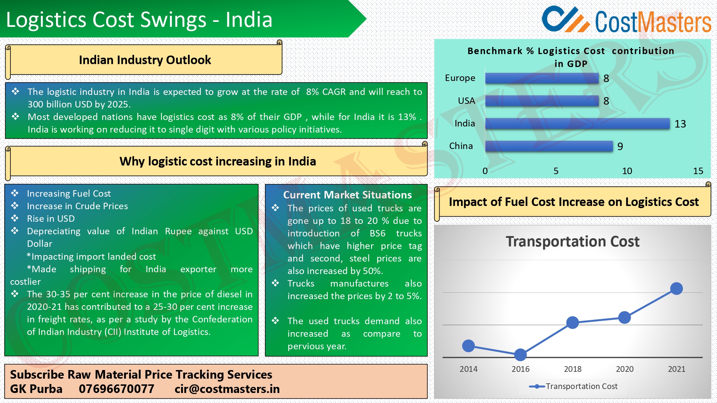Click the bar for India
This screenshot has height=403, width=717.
pos(577,124)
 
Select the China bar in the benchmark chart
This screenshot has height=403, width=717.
pos(549,146)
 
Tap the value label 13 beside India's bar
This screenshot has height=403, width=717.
pos(680,124)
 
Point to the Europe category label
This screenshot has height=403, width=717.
pos(460,78)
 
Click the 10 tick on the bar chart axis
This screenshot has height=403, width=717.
pos(627,171)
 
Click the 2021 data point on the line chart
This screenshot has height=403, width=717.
pos(676,288)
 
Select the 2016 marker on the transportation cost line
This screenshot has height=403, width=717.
pos(520,355)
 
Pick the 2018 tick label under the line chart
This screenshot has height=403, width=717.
pos(573,369)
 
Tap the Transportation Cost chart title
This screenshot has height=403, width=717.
pos(573,242)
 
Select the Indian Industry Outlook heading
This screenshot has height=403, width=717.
pos(145,60)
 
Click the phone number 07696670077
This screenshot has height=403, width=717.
pos(117,389)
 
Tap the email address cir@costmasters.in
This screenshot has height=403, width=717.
pos(227,389)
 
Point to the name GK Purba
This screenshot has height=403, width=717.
pos(36,389)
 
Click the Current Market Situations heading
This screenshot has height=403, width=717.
pos(347,195)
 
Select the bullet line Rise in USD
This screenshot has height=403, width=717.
pos(51,219)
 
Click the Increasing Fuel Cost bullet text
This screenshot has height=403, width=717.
pos(69,193)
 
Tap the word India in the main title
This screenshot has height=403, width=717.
pos(249,20)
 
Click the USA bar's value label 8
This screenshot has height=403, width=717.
pos(606,101)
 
